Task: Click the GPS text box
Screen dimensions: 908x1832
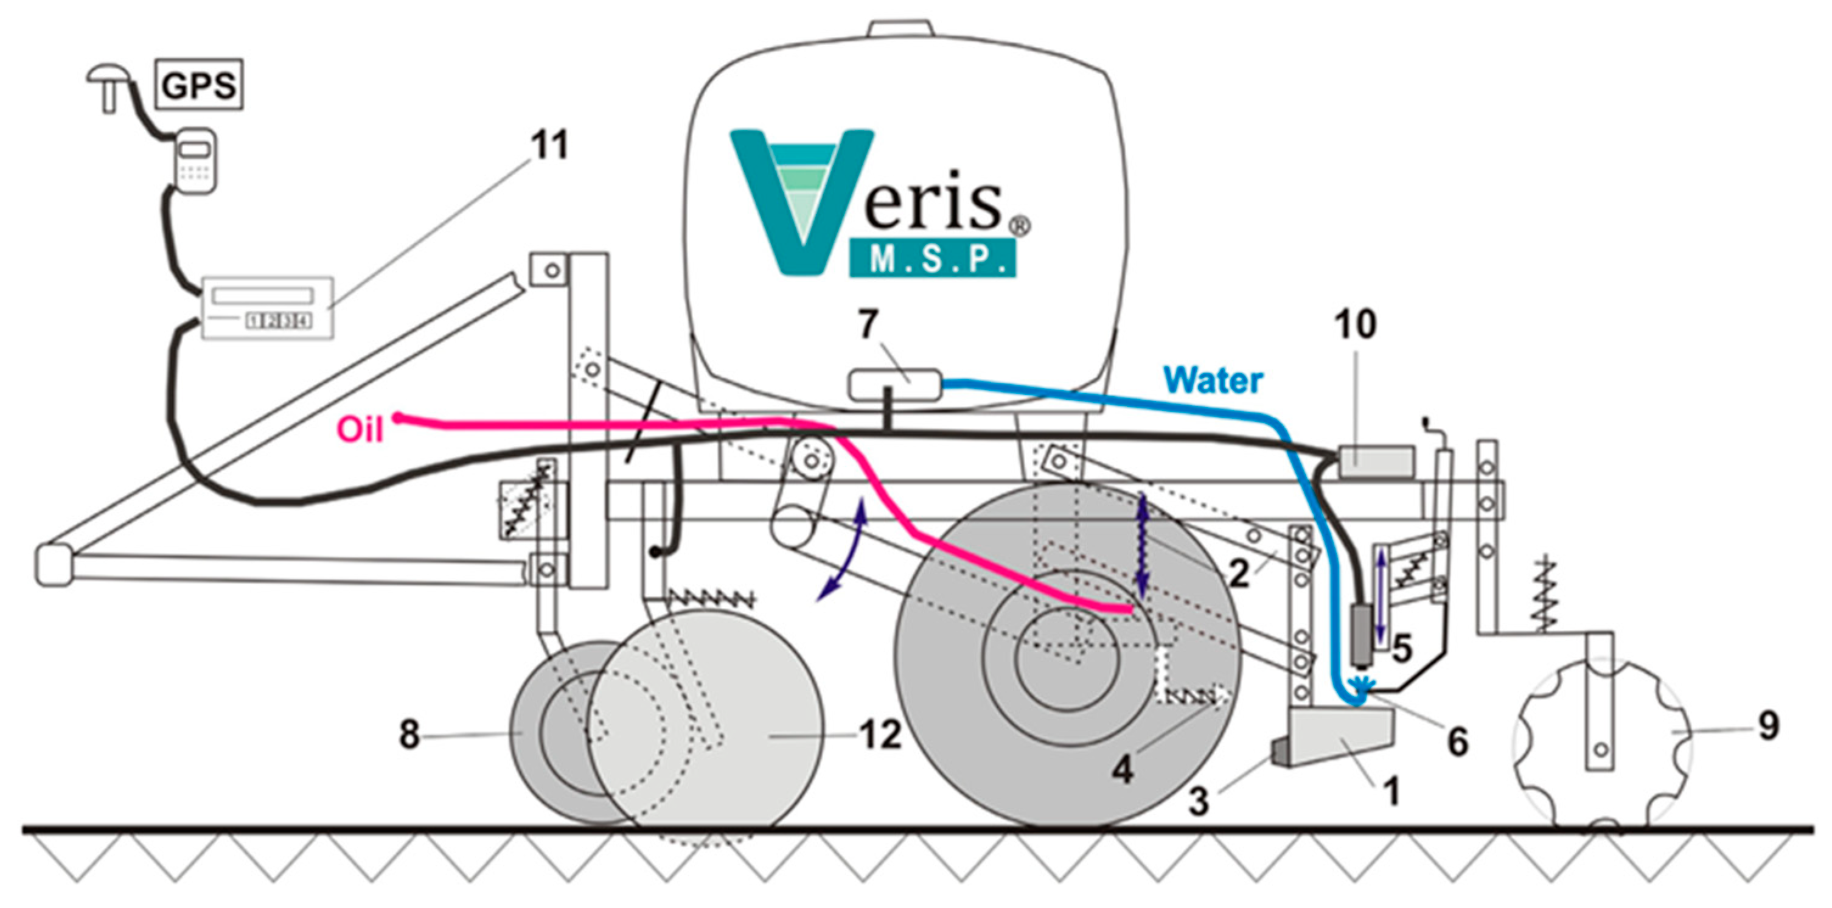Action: click(x=198, y=85)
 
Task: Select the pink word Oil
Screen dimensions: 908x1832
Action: click(x=360, y=430)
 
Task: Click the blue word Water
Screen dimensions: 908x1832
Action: click(x=1213, y=381)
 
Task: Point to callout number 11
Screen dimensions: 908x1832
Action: click(x=551, y=147)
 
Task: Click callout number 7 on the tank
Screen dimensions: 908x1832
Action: click(x=868, y=325)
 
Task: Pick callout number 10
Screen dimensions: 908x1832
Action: click(x=1356, y=324)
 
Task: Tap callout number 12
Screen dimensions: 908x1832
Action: click(x=880, y=735)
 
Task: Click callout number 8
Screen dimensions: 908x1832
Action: click(x=409, y=735)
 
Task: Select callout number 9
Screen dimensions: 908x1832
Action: click(x=1768, y=727)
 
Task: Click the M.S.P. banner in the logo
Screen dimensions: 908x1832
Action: click(x=932, y=259)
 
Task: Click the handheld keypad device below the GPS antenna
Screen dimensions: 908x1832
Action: click(x=195, y=160)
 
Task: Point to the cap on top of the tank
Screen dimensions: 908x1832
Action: click(x=900, y=29)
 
